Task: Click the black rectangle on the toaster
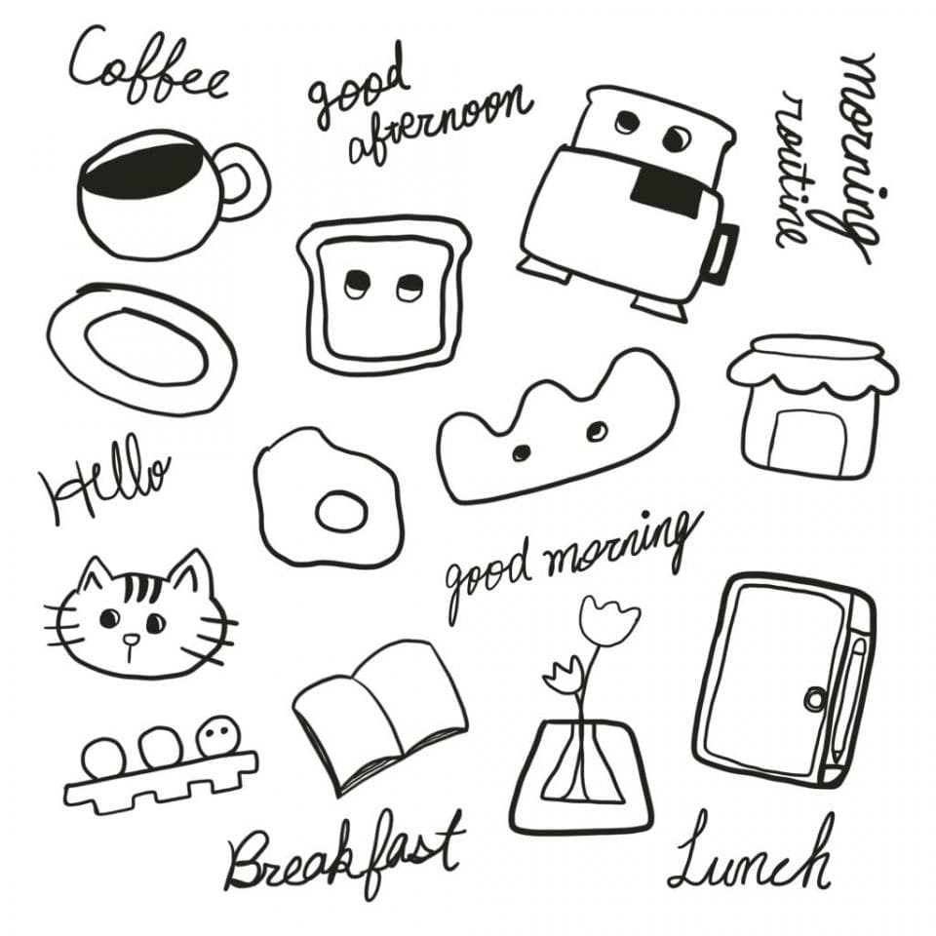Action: point(667,191)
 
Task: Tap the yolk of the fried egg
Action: point(341,512)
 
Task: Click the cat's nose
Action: point(130,641)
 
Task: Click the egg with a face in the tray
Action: point(219,736)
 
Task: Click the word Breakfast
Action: point(344,855)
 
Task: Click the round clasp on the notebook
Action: point(815,697)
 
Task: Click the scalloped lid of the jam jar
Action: point(812,364)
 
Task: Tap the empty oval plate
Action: point(141,349)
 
